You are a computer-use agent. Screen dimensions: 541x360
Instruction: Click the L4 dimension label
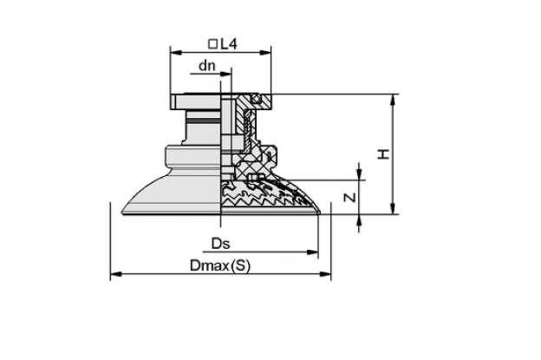click(x=229, y=44)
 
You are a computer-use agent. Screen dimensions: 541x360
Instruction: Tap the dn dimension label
click(x=206, y=66)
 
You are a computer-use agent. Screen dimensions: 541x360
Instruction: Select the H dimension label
click(x=383, y=154)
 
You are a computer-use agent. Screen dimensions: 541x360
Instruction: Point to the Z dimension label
click(x=350, y=198)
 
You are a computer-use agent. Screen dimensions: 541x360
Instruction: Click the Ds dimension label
click(x=220, y=244)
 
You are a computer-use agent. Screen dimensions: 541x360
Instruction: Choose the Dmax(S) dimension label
click(x=220, y=265)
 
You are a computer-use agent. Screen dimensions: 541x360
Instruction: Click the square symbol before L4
click(x=213, y=44)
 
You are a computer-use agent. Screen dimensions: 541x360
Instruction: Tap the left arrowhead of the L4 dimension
click(x=176, y=52)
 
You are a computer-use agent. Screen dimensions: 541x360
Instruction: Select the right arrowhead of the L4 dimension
click(x=265, y=52)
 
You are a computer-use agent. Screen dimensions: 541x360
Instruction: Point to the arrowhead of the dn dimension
click(x=226, y=74)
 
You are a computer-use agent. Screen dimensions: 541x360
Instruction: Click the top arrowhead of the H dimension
click(x=392, y=100)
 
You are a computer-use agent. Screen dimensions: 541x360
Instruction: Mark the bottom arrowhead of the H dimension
click(x=392, y=208)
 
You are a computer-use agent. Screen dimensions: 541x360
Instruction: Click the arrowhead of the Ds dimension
click(x=312, y=252)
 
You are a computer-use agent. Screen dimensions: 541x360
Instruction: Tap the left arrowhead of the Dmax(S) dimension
click(x=116, y=274)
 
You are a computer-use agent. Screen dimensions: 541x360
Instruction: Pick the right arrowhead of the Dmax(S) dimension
click(x=325, y=274)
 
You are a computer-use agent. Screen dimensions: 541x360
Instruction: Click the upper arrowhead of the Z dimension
click(x=359, y=174)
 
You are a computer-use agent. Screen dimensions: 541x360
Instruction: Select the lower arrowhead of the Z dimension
click(x=359, y=219)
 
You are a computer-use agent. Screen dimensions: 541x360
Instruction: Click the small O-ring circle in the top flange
click(x=257, y=99)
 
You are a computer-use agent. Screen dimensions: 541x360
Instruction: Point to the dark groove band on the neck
click(x=203, y=121)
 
